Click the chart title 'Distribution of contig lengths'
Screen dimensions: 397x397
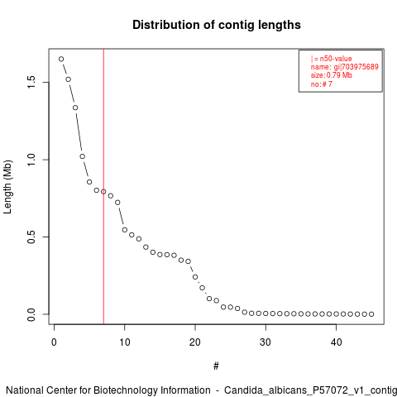[217, 25]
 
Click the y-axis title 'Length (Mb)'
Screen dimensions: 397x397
[7, 187]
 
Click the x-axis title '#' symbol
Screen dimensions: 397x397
[216, 366]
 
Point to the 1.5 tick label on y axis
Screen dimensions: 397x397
[31, 82]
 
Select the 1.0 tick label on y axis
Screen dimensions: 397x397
[31, 160]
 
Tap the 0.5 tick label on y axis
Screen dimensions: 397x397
[31, 237]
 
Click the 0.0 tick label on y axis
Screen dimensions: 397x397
[31, 314]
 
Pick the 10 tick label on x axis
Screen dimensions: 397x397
[125, 342]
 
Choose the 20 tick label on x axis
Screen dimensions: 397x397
[195, 342]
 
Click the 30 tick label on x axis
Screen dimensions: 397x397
[265, 342]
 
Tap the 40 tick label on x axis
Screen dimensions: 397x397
[336, 342]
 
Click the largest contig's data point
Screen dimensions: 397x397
[61, 59]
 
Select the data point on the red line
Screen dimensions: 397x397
[103, 192]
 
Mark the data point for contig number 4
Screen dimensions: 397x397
[83, 156]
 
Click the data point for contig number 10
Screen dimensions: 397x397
[125, 230]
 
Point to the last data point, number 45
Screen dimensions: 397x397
[371, 314]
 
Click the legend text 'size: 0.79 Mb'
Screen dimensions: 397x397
[332, 75]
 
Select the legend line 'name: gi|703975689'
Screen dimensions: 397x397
[345, 67]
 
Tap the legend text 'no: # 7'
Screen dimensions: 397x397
[322, 84]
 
